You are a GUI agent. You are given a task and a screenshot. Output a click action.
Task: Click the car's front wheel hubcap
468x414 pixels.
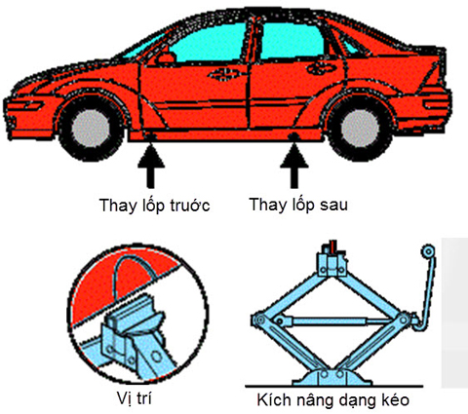pos(91,129)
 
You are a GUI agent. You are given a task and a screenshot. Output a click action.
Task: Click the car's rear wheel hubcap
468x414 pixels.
pos(360,129)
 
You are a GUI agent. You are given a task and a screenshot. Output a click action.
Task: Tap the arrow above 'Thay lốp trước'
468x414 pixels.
pos(150,167)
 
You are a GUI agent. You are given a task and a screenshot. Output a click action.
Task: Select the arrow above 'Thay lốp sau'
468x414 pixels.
pos(294,167)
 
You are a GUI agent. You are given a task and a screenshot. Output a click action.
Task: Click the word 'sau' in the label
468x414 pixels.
pos(333,206)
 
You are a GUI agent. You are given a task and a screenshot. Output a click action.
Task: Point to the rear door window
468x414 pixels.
pos(292,41)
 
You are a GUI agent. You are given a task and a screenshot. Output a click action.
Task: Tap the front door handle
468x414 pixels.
pos(224,74)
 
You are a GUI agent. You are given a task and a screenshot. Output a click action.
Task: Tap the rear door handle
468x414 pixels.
pos(322,68)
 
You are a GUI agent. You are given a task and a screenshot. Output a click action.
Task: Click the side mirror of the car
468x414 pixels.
pos(167,57)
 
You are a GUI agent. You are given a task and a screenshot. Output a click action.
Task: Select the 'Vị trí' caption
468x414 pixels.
pos(134,398)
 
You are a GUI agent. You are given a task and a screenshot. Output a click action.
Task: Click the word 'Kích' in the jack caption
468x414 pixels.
pos(272,399)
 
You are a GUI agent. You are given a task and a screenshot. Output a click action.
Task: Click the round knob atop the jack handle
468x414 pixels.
pos(428,251)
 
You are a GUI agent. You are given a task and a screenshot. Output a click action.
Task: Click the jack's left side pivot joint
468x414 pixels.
pos(259,320)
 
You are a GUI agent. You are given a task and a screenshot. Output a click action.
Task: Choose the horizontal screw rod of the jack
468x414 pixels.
pos(338,321)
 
